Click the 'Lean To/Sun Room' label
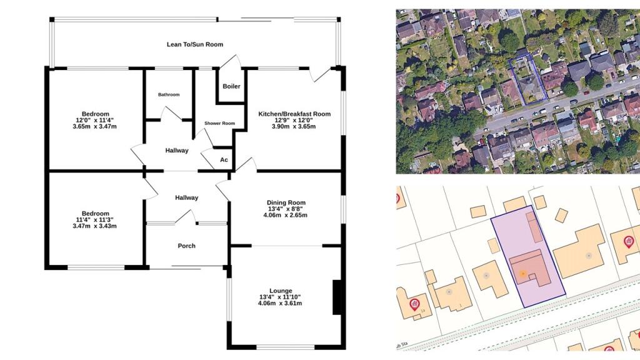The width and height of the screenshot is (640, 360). (194, 44)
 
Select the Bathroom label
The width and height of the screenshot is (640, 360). (169, 95)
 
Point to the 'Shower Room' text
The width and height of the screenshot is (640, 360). (219, 124)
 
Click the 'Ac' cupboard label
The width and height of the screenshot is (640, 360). (224, 160)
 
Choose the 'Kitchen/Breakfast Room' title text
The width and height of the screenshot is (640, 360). (294, 114)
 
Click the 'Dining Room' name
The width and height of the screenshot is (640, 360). (286, 202)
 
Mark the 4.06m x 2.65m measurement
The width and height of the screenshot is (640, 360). (286, 216)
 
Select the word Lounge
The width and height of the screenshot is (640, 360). (281, 291)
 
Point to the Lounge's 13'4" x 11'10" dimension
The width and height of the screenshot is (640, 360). (281, 297)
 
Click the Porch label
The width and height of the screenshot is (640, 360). (186, 246)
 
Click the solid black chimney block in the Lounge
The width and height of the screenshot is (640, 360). (337, 297)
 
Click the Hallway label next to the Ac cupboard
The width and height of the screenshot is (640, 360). (177, 151)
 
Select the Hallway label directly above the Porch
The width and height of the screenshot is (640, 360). (186, 197)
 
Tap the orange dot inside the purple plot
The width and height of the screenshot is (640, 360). (522, 274)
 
